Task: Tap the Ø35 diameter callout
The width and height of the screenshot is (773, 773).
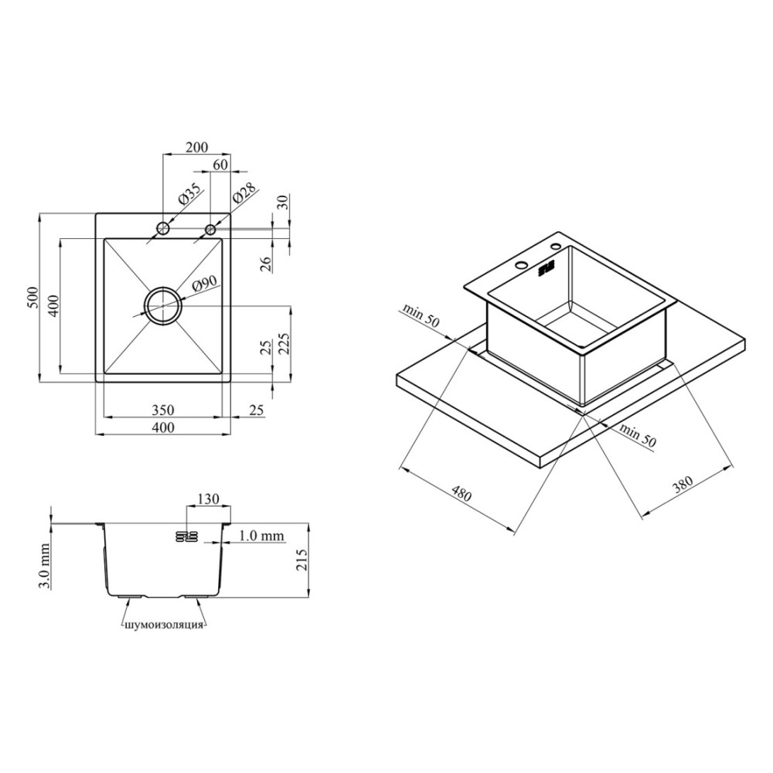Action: pyautogui.click(x=189, y=194)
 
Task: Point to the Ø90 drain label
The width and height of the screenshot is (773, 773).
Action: pyautogui.click(x=205, y=285)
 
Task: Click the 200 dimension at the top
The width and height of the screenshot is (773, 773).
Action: pyautogui.click(x=196, y=147)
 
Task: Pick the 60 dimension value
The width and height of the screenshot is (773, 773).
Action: pyautogui.click(x=221, y=164)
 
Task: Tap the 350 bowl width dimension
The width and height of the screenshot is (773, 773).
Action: pyautogui.click(x=162, y=410)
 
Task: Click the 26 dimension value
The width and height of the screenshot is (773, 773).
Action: pyautogui.click(x=265, y=264)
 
